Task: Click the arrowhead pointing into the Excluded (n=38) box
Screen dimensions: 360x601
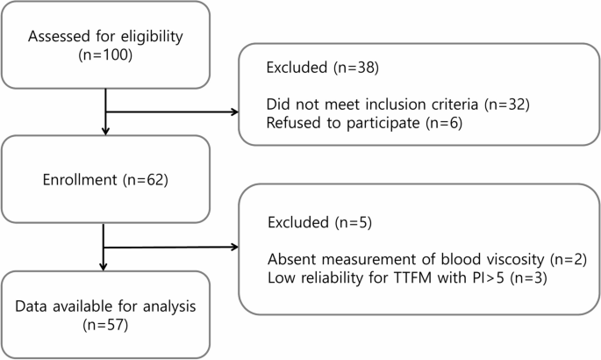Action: pyautogui.click(x=234, y=112)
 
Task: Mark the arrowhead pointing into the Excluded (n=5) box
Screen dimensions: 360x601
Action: pyautogui.click(x=234, y=249)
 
